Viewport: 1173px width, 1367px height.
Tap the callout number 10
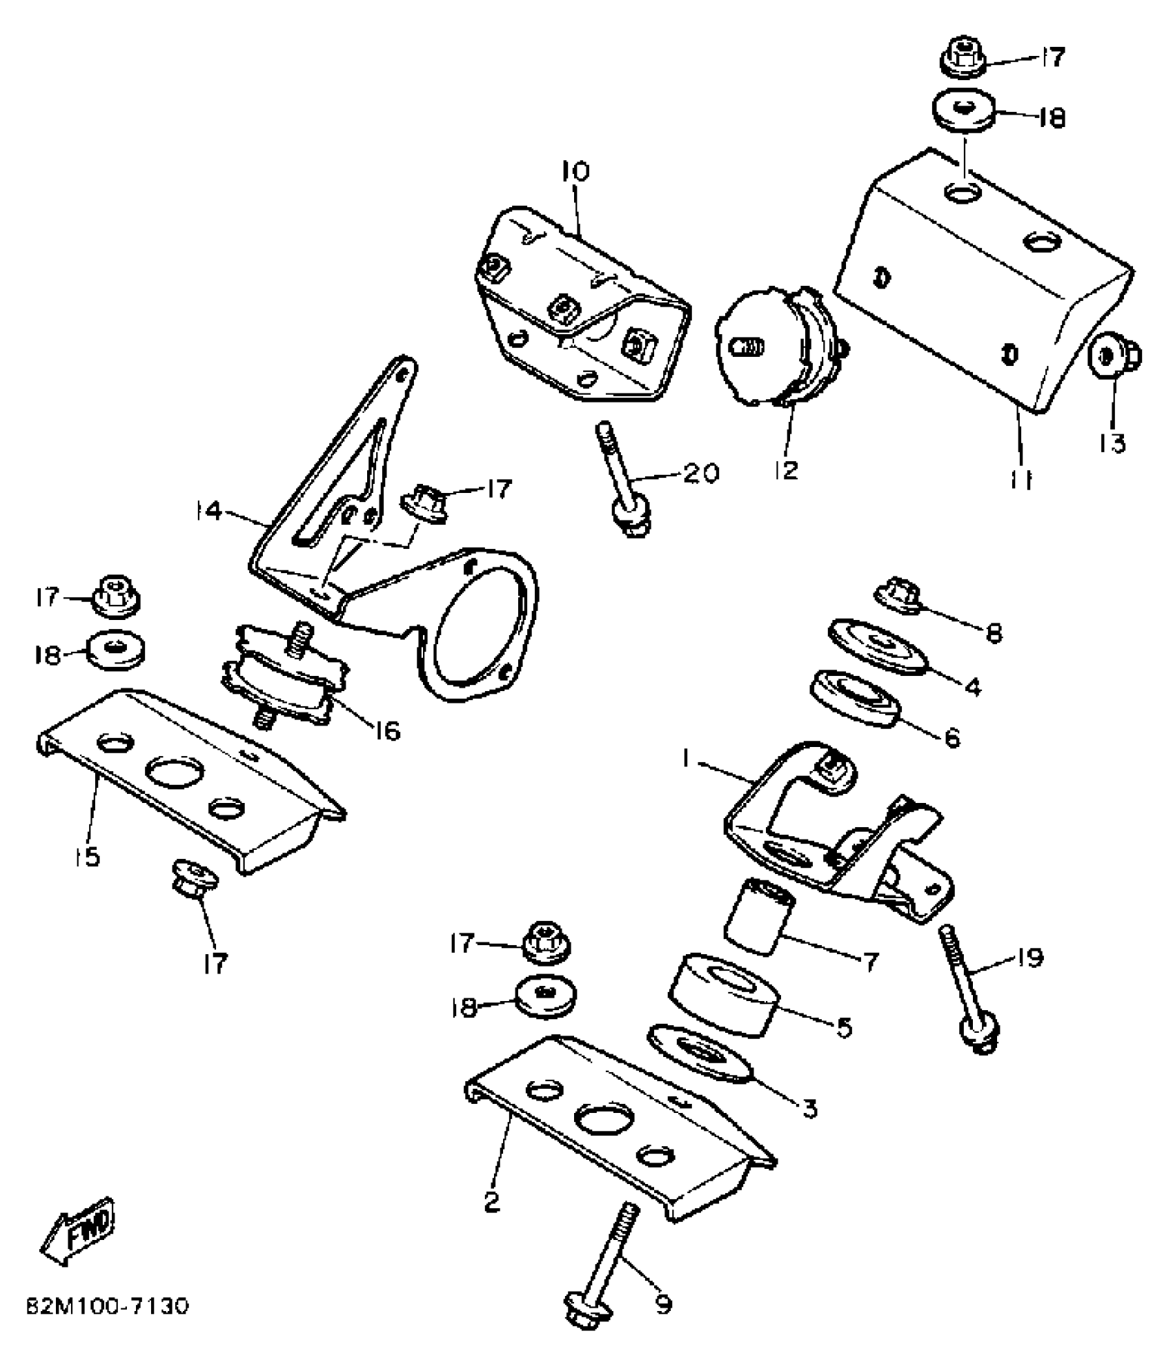click(575, 171)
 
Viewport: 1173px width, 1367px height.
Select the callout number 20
click(701, 473)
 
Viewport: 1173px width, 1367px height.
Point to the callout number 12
click(787, 470)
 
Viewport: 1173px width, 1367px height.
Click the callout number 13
click(1113, 443)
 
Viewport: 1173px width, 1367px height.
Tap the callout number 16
click(388, 730)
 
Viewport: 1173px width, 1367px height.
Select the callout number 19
click(1030, 958)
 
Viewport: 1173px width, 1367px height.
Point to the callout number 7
click(870, 961)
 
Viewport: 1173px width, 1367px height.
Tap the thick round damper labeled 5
click(724, 996)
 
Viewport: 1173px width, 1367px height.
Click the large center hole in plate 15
click(174, 772)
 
